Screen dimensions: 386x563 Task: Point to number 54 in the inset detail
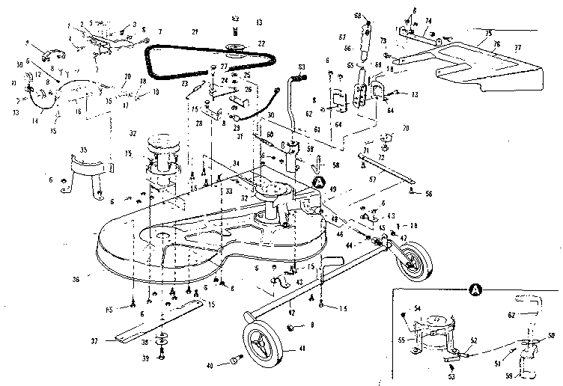coord(418,307)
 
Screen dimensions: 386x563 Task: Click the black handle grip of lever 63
coord(303,76)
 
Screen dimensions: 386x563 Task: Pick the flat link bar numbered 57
coord(389,180)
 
